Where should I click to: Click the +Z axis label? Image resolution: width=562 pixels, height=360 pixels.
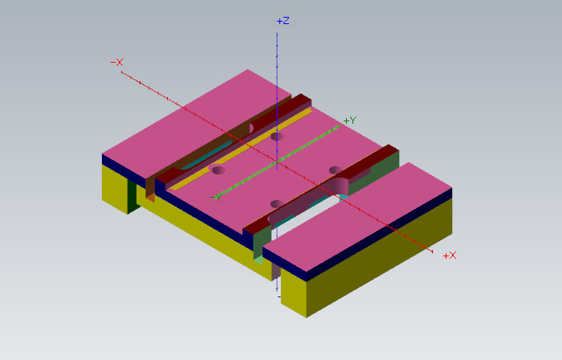tap(283, 21)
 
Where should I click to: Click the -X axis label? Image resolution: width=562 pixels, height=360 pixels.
tap(116, 62)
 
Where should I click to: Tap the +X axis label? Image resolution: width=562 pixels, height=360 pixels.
tap(450, 255)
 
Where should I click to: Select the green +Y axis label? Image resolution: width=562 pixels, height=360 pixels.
tap(350, 121)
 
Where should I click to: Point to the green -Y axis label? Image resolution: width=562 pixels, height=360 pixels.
tap(216, 196)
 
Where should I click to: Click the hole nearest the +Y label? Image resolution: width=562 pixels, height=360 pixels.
tap(277, 137)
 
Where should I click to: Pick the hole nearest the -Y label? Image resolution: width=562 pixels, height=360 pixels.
tap(218, 170)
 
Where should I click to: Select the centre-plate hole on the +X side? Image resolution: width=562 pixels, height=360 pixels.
tap(336, 170)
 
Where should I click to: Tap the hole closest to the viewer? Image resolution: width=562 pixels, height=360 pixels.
tap(277, 203)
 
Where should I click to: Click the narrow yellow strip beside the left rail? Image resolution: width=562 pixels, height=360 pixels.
tap(241, 141)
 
